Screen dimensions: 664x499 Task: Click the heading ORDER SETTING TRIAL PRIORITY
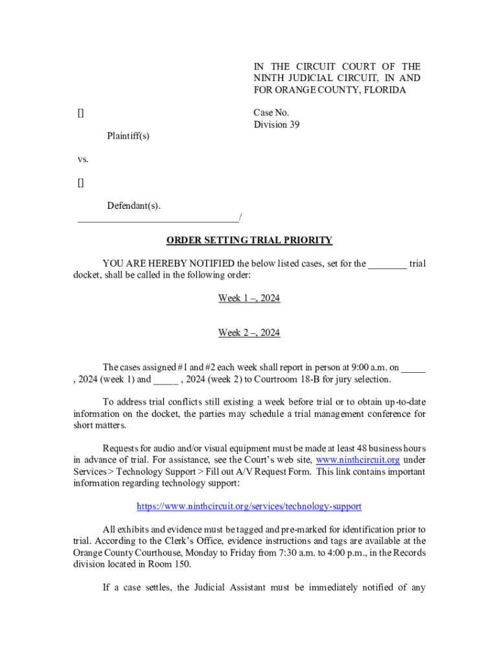(x=250, y=241)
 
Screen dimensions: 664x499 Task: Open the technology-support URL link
(x=249, y=506)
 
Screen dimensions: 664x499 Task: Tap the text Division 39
(x=276, y=124)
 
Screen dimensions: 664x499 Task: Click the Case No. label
(x=271, y=113)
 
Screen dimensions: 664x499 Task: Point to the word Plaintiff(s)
(x=128, y=136)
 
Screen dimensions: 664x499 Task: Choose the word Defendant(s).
(x=133, y=206)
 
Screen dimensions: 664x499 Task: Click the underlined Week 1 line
(x=249, y=298)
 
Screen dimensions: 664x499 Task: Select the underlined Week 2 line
(x=249, y=333)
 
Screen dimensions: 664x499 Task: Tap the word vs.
(x=82, y=160)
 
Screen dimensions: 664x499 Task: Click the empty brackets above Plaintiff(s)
(x=80, y=113)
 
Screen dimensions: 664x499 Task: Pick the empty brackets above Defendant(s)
(x=80, y=183)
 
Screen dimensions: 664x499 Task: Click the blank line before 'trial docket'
(x=388, y=264)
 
